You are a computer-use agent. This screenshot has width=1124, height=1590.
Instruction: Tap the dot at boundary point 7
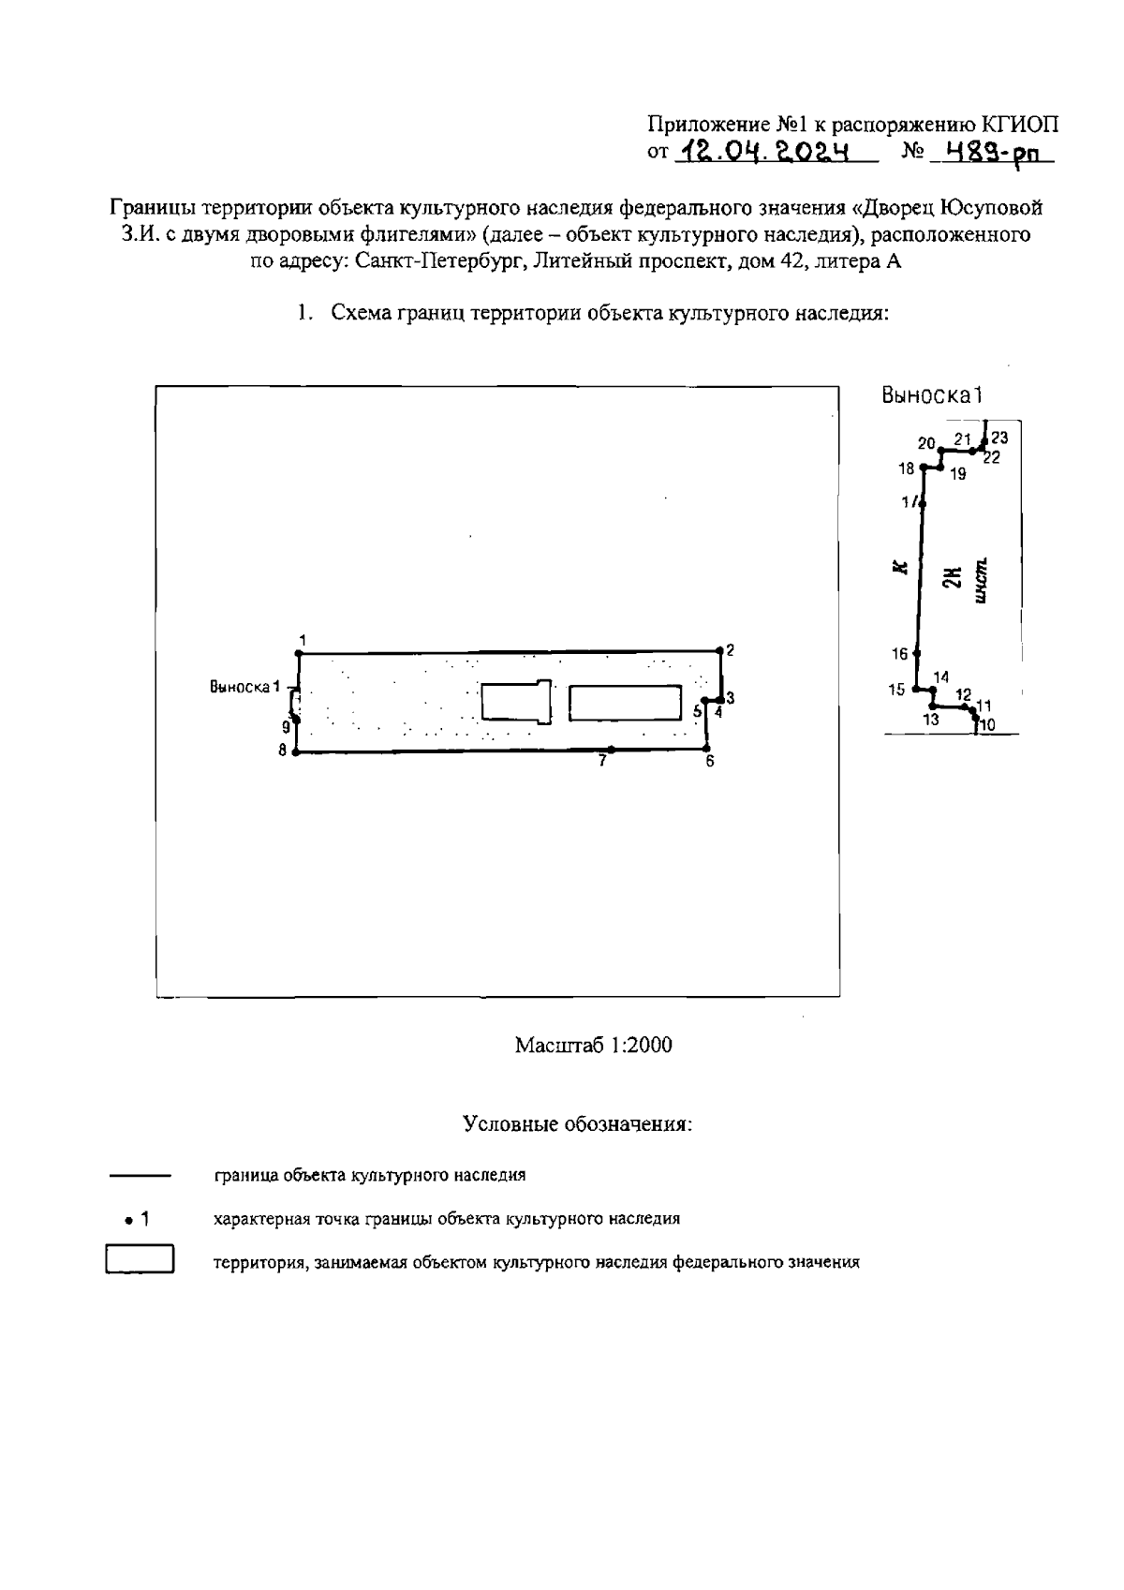[611, 749]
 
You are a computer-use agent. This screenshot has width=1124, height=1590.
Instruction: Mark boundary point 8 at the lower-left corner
[295, 751]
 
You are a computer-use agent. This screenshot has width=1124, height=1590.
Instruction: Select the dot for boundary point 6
[705, 749]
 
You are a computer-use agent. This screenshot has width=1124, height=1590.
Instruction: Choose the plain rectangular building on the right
[625, 703]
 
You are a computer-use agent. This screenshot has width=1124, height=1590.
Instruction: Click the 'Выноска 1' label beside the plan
[244, 687]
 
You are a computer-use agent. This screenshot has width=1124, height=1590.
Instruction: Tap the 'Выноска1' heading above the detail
[932, 395]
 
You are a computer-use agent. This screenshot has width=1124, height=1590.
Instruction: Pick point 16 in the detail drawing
[917, 653]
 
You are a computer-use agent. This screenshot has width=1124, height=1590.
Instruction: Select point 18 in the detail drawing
[924, 467]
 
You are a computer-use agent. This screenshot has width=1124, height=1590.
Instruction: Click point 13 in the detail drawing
[932, 706]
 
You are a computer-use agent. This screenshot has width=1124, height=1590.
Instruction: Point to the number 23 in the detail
[999, 438]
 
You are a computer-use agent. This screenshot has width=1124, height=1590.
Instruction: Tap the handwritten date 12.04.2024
[766, 151]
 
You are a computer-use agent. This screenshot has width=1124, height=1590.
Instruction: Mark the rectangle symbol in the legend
[140, 1259]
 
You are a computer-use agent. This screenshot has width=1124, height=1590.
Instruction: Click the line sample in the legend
[140, 1175]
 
